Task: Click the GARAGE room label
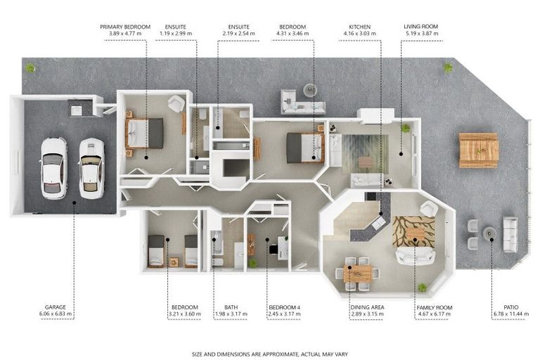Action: pos(55,307)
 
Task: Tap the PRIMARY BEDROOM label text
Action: pos(125,27)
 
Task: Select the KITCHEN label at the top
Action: pos(359,27)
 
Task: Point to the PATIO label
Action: pos(510,307)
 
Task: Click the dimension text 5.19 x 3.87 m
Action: pos(421,34)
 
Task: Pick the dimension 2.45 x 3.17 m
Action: pos(285,314)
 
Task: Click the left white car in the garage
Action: pos(53,169)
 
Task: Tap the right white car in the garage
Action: pos(91,169)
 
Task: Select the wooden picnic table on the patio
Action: pos(479,150)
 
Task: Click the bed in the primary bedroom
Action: pos(144,133)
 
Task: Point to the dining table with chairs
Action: pos(357,274)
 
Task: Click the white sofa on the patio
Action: pos(510,234)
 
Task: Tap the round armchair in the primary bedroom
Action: pos(176,103)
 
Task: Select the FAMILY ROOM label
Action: pos(435,307)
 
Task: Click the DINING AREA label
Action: pos(367,307)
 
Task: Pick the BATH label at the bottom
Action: pos(231,307)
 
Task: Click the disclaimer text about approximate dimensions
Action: pos(270,354)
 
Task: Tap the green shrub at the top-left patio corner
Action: pos(30,68)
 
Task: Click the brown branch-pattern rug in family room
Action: pos(413,231)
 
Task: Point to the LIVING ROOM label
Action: pos(421,27)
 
